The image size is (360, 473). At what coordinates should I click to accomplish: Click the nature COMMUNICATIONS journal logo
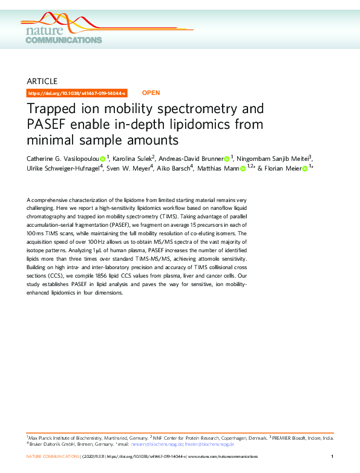(64, 34)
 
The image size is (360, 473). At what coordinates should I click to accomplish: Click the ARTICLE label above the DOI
(42, 81)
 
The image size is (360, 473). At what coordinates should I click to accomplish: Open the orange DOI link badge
(77, 93)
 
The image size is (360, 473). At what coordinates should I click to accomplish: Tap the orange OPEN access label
(151, 93)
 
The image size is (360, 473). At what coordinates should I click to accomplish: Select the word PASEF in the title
(51, 125)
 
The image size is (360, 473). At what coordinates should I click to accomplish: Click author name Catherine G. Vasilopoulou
(63, 159)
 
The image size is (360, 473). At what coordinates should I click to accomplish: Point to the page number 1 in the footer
(332, 456)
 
